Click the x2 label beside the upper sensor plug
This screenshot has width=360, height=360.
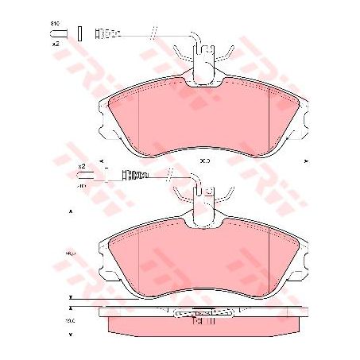tap(56, 44)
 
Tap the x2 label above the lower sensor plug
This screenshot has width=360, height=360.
tap(81, 165)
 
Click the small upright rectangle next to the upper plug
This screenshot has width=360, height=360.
tap(81, 33)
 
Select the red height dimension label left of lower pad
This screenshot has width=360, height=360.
tap(69, 253)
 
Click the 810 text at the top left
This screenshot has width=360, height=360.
tap(55, 23)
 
